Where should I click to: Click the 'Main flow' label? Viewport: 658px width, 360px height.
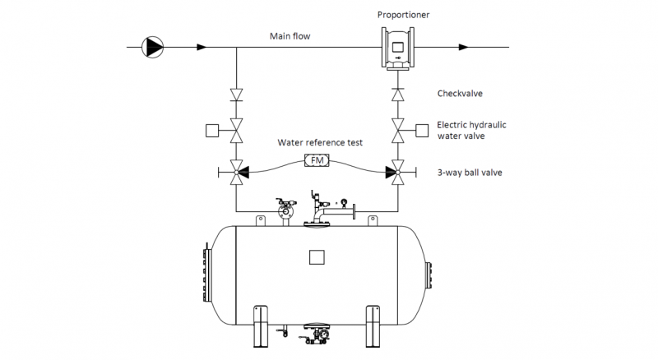tap(290, 36)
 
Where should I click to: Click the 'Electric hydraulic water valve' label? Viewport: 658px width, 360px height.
tap(471, 130)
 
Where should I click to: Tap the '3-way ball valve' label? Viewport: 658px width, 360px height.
tap(470, 172)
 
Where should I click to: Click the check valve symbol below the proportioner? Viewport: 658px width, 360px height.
tap(397, 95)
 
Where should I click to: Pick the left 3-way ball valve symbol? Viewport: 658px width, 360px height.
tap(236, 173)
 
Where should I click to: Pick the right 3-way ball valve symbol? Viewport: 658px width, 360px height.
tap(397, 173)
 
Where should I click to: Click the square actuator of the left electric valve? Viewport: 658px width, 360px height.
tap(211, 130)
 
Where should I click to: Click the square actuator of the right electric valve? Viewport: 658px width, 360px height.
tap(423, 129)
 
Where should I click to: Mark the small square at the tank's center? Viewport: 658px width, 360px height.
tap(316, 257)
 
